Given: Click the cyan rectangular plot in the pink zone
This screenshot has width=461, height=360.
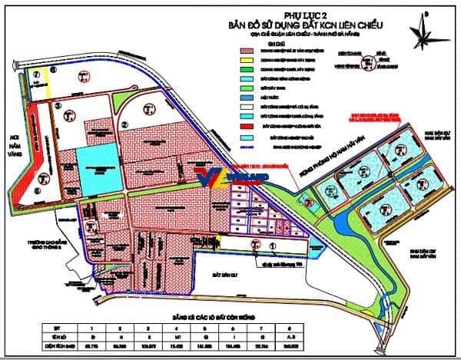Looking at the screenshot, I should coord(98,167).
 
